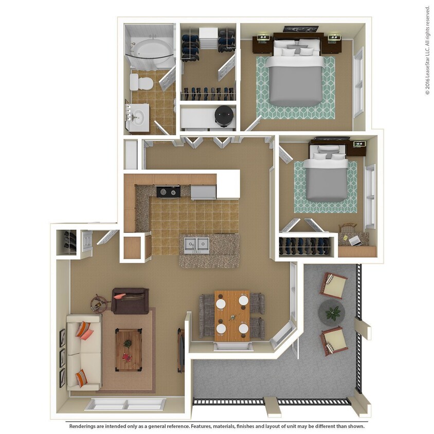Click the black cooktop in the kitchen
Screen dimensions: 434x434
tap(168, 192)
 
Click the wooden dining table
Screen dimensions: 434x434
tap(232, 315)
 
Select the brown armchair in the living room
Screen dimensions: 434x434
tap(130, 301)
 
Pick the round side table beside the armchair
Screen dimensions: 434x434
tap(99, 303)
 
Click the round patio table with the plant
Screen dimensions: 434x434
tap(331, 312)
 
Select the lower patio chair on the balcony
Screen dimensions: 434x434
tap(333, 340)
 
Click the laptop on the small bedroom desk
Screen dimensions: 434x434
tap(355, 240)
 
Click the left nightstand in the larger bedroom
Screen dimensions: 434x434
tap(262, 44)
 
